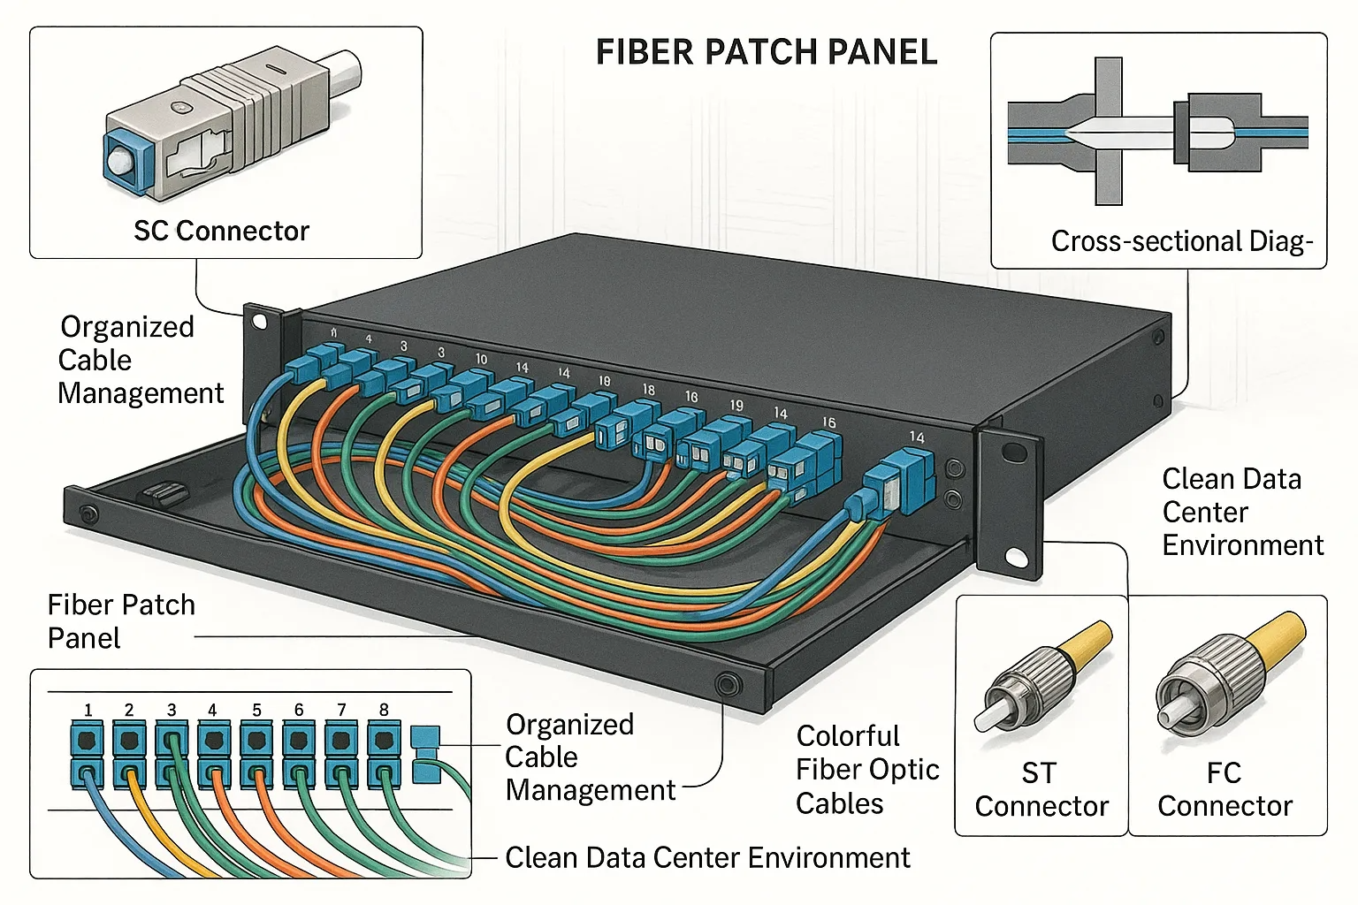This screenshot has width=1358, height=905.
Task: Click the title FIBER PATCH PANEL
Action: [x=766, y=53]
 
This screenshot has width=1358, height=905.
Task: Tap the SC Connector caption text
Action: [x=221, y=232]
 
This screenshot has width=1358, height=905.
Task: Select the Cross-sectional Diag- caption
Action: [x=1181, y=241]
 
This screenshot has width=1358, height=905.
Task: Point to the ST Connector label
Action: [x=1041, y=789]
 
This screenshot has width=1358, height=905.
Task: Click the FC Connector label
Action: [x=1224, y=789]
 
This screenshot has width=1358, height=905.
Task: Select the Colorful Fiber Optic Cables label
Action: [x=866, y=770]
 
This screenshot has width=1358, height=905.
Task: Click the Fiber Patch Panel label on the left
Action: [x=120, y=621]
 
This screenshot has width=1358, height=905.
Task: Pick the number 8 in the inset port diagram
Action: [x=384, y=710]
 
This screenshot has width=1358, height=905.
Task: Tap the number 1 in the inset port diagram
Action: [x=88, y=710]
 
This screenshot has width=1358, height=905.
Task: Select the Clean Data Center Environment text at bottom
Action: [x=707, y=858]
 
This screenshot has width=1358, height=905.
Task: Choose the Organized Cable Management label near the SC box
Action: [x=140, y=360]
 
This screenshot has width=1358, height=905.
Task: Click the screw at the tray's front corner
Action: [x=729, y=683]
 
